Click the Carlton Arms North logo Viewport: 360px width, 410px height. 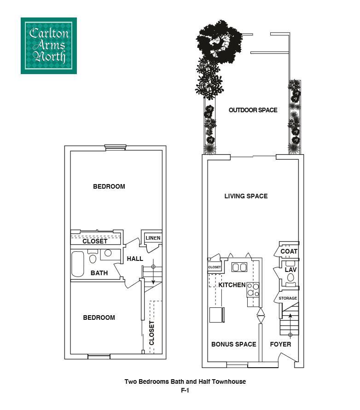48,46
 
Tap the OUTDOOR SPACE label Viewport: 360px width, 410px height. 253,110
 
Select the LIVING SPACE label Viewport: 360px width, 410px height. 246,196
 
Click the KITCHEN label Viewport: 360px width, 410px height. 232,285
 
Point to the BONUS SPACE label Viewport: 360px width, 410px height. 233,344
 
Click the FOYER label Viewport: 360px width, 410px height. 280,344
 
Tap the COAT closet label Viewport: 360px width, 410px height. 289,251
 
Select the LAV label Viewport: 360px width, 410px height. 290,270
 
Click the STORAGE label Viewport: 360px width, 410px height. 288,298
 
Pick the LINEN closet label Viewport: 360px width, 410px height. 152,238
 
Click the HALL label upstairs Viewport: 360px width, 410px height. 135,259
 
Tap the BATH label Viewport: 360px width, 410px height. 99,273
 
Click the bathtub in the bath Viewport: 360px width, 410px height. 78,264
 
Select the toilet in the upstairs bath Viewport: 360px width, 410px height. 93,258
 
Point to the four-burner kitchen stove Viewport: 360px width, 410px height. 253,289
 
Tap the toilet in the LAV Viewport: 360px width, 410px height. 290,278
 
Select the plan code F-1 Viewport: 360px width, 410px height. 185,391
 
